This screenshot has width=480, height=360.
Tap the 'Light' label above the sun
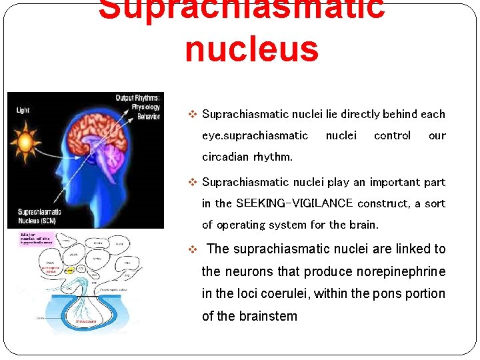point(23,110)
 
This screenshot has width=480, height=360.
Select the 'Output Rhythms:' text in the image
point(137,98)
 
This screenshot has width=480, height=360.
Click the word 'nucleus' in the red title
point(251,49)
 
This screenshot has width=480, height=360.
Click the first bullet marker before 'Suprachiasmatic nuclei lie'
point(193,114)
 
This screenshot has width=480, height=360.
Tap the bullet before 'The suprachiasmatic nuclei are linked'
point(193,249)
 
